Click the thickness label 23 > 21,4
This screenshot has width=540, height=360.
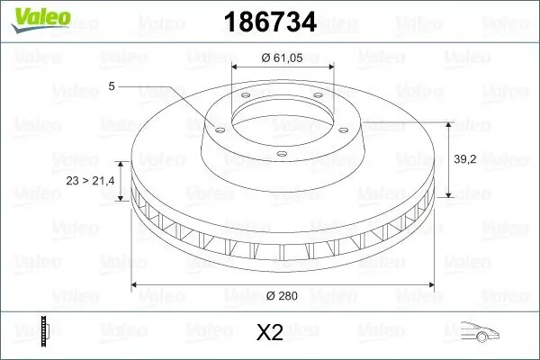tap(91, 181)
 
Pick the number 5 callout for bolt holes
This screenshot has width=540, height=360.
tap(111, 86)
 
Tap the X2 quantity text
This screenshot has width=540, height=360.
tap(270, 333)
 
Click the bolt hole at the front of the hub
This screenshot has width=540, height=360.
tap(281, 154)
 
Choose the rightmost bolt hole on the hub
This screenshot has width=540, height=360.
tap(346, 127)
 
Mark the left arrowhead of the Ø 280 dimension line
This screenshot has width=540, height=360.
tap(135, 285)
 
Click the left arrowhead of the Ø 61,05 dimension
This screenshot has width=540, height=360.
tap(235, 68)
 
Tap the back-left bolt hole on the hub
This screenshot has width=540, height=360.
tap(242, 100)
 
